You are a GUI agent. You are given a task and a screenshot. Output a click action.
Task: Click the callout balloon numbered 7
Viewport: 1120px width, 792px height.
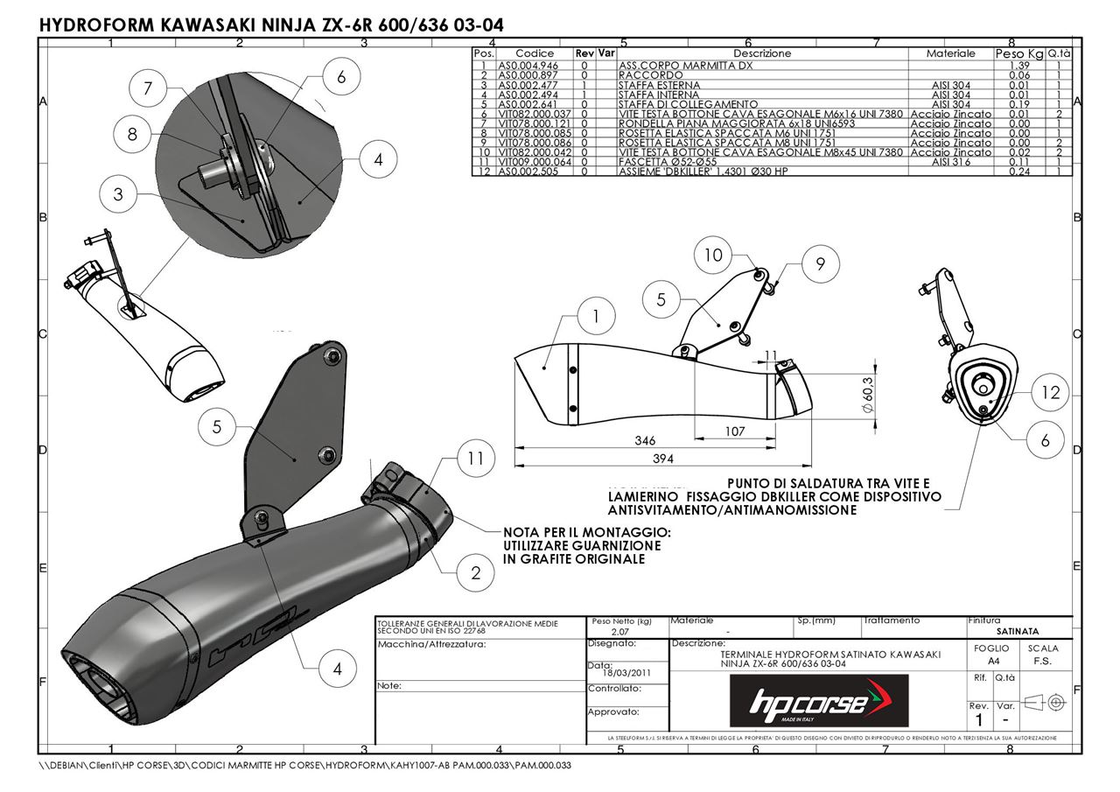tap(148, 88)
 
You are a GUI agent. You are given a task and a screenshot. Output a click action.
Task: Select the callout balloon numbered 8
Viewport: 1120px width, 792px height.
tap(133, 134)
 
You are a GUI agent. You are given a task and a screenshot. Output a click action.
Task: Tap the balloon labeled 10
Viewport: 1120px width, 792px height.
tap(714, 255)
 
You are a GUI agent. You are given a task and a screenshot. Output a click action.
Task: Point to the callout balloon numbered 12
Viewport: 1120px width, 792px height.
tap(1050, 394)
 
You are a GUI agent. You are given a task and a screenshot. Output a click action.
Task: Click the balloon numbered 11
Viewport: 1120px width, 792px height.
tap(474, 458)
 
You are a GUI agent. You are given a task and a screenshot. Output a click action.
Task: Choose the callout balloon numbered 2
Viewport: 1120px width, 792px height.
tap(475, 573)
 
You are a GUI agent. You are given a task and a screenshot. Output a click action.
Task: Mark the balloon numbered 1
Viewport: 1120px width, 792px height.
tap(597, 317)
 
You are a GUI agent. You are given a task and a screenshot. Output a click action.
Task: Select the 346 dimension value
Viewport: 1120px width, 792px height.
tap(644, 441)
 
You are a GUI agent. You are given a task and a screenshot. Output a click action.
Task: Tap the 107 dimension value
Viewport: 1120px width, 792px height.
tap(735, 431)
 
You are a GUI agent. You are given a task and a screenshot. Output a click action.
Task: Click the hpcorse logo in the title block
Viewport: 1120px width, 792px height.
tap(819, 701)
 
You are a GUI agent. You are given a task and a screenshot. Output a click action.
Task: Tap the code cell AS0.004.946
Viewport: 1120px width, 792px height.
tap(528, 66)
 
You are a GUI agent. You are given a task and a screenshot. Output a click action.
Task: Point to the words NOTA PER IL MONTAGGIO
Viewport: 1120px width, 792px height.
tap(586, 532)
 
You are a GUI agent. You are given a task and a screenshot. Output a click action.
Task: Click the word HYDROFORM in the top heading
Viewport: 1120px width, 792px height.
tap(98, 25)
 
